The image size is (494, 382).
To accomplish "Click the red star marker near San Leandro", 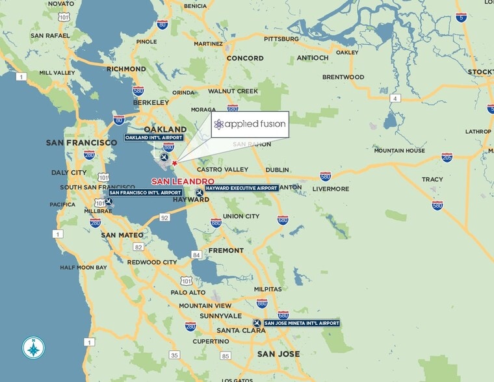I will [174, 163].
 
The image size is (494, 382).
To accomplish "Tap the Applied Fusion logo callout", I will [250, 124].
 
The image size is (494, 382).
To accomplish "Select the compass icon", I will [32, 348].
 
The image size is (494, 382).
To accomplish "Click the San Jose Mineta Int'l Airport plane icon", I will [257, 323].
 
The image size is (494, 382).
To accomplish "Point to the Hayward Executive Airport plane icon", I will [199, 192].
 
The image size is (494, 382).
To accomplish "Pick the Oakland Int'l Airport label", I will [154, 138].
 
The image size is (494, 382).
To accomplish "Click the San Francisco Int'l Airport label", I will [145, 192].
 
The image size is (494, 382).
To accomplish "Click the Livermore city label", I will [331, 189].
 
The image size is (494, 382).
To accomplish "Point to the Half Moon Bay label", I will [83, 268].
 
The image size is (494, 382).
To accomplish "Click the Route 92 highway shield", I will [164, 218].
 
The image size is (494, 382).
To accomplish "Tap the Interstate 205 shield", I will [447, 158].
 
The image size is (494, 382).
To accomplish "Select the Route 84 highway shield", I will [196, 255].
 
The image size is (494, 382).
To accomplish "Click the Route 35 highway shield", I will [174, 355].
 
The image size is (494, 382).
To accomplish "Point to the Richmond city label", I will [126, 69].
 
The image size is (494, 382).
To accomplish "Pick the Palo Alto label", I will [188, 292].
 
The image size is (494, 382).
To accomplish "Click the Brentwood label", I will [343, 77].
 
